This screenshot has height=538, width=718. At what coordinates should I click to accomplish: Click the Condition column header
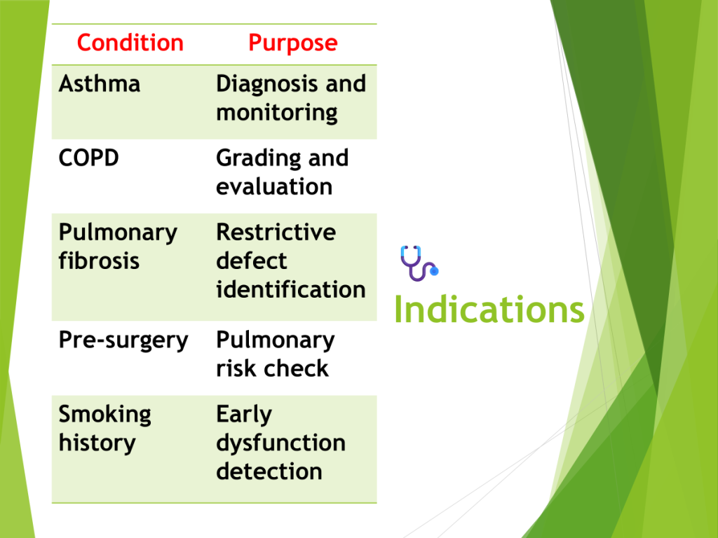pyautogui.click(x=130, y=43)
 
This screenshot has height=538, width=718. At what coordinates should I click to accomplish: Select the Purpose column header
pyautogui.click(x=293, y=43)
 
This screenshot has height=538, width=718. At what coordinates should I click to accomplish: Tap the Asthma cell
pyautogui.click(x=100, y=84)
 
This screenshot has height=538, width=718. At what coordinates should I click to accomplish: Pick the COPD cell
pyautogui.click(x=89, y=158)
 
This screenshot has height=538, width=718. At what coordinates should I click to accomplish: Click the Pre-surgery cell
pyautogui.click(x=123, y=341)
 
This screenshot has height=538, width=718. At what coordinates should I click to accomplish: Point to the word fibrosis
pyautogui.click(x=99, y=261)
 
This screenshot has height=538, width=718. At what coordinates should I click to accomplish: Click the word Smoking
pyautogui.click(x=105, y=415)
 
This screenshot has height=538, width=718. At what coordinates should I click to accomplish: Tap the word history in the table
pyautogui.click(x=97, y=443)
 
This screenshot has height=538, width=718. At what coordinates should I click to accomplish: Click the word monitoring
pyautogui.click(x=277, y=113)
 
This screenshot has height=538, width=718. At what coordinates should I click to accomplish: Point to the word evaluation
pyautogui.click(x=274, y=186)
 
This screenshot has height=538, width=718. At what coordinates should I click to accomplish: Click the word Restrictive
pyautogui.click(x=276, y=232)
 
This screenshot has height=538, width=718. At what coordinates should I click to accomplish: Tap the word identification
pyautogui.click(x=291, y=289)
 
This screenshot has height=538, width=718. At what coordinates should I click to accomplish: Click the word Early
pyautogui.click(x=244, y=415)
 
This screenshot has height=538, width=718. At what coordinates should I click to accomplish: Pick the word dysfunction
pyautogui.click(x=280, y=443)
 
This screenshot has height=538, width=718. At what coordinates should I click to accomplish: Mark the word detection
pyautogui.click(x=269, y=471)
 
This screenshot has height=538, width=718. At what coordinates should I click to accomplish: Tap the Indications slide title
pyautogui.click(x=489, y=309)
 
